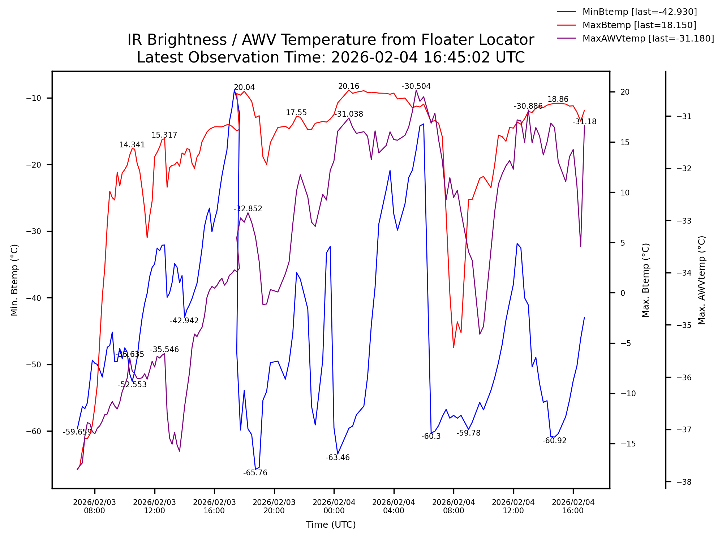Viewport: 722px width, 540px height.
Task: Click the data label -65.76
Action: coord(255,473)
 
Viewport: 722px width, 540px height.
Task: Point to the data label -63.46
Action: coord(338,458)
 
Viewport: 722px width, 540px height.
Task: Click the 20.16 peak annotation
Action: coord(348,86)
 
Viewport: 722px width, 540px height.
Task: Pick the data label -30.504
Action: coord(416,86)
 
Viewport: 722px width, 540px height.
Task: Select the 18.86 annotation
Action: coord(558,99)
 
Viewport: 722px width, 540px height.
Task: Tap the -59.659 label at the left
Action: coord(77,432)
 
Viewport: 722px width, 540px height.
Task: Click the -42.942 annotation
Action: coord(184,321)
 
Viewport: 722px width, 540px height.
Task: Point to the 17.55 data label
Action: coord(296,113)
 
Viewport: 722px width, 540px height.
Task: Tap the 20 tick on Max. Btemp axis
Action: coord(625,92)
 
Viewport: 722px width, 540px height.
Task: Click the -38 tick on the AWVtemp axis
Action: coord(684,482)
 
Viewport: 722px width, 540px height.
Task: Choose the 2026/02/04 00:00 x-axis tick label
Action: coord(334,506)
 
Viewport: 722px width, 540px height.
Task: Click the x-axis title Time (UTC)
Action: coord(331,524)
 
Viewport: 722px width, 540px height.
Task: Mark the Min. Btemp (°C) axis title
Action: coord(14,280)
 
